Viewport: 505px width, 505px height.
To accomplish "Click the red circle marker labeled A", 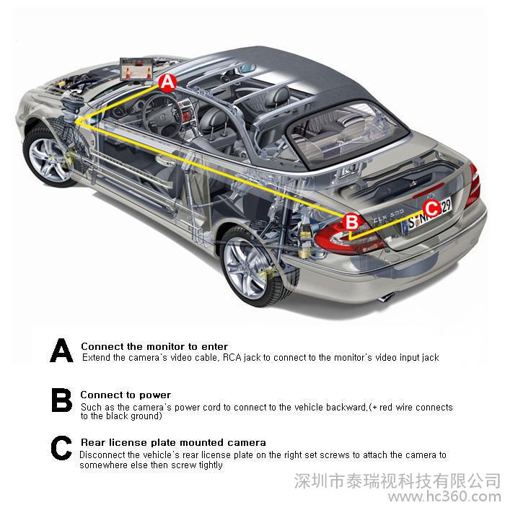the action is [167, 82].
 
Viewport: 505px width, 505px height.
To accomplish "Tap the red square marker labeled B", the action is [352, 222].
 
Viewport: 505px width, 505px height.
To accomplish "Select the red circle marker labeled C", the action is [431, 208].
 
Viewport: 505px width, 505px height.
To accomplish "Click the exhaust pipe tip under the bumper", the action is [385, 297].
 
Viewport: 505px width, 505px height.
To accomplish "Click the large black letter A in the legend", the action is [61, 350].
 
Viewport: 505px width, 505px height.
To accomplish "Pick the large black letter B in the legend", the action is [61, 400].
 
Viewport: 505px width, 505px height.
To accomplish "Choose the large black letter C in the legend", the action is [61, 448].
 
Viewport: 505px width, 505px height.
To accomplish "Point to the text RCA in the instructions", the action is [232, 357].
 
